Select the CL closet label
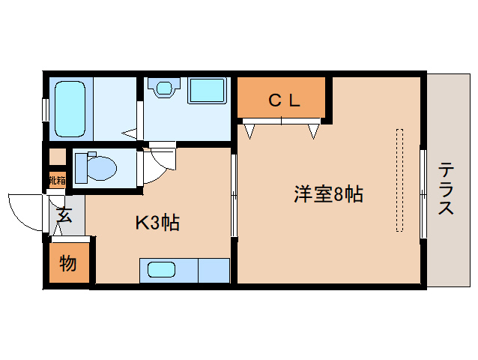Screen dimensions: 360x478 pos(285,100)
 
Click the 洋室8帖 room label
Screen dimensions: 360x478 pos(328,195)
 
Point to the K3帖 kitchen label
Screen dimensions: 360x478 pos(157,223)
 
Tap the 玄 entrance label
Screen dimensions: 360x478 pos(64,217)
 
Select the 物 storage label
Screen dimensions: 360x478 pos(68,263)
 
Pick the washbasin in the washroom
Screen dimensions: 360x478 pos(162,88)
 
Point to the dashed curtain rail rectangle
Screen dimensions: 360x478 pos(400,180)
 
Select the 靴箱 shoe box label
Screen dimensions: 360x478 pos(57,180)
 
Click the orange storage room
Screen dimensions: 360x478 pos(69,264)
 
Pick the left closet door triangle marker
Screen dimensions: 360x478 pos(249,130)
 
